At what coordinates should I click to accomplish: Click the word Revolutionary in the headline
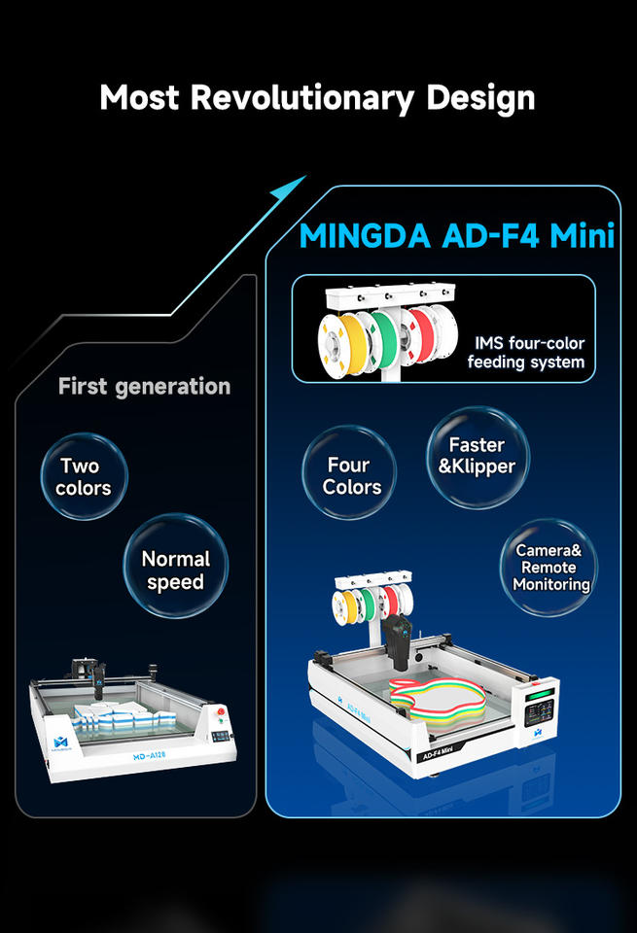pos(302,98)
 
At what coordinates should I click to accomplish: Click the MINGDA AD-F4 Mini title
pos(457,235)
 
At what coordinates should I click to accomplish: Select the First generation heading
pos(144,387)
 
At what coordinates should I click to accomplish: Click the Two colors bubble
pos(84,476)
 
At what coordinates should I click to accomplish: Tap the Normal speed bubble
pos(176,566)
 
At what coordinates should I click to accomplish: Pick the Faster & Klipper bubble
pos(478,457)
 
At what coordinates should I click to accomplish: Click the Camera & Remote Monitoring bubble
pos(549,567)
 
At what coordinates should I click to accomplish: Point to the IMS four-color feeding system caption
pos(526,352)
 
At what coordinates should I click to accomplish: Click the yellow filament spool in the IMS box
pos(343,345)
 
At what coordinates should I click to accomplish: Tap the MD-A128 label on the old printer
pos(150,756)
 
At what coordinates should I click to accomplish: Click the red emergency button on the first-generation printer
pos(222,711)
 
